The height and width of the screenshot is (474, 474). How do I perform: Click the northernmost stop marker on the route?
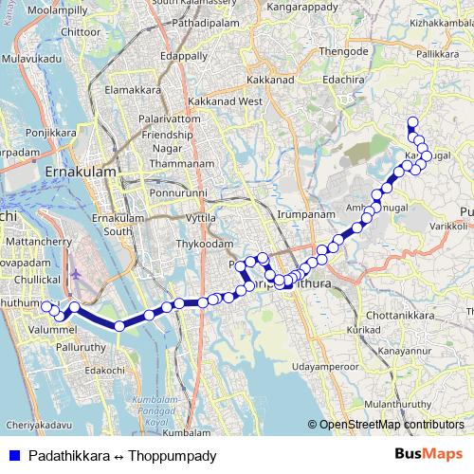[412, 121]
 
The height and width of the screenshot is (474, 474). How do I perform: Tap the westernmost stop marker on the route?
[44, 305]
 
